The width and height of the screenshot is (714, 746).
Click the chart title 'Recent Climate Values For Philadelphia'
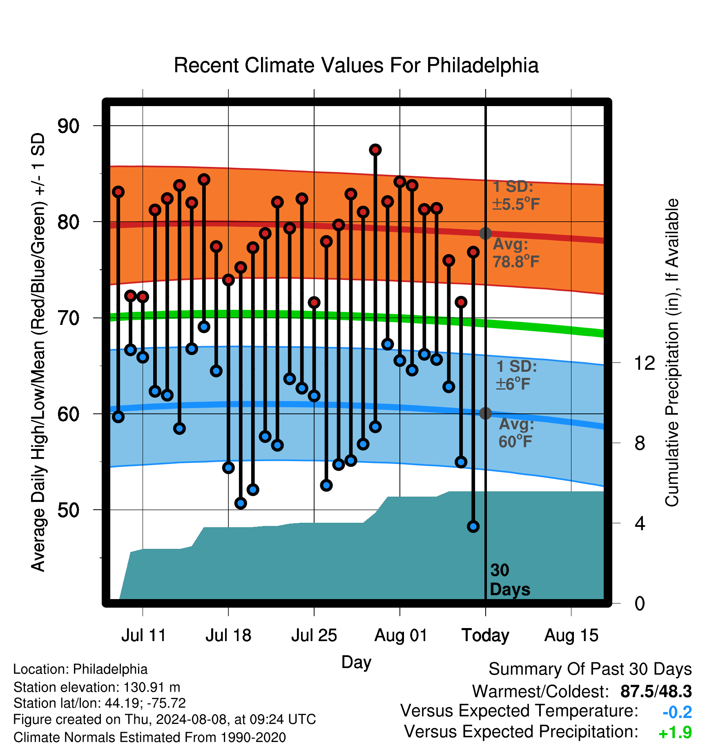[356, 65]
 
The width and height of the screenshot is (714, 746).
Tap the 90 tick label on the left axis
[69, 126]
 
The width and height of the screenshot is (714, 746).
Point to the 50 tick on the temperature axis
[69, 510]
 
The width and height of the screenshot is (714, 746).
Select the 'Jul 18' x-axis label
[228, 635]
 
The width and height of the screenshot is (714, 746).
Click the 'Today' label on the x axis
[485, 635]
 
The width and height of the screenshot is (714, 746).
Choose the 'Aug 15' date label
[571, 635]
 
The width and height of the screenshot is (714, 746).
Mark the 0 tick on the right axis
[640, 603]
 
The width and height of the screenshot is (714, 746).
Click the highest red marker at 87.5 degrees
[375, 150]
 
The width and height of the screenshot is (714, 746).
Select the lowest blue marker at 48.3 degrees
[473, 526]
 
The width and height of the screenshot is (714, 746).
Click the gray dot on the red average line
[485, 233]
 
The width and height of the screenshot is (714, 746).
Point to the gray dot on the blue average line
[485, 413]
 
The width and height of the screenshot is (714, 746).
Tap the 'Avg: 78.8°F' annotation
[516, 253]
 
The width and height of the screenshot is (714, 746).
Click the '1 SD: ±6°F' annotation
[517, 375]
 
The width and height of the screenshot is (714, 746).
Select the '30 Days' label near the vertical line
[510, 580]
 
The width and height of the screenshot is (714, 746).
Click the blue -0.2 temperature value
[677, 712]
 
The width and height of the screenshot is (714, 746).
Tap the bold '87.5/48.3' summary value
[656, 691]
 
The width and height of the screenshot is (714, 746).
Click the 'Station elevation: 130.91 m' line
[97, 687]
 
